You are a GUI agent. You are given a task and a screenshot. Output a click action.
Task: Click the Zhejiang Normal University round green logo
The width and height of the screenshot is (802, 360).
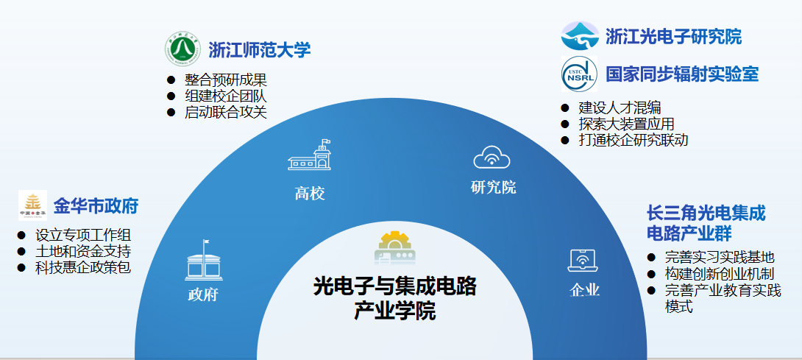[x=182, y=49]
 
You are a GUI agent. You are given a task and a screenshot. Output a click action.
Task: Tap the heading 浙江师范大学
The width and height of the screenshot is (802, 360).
[x=260, y=50]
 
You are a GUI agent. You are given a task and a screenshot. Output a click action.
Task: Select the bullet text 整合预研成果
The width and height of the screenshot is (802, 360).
[x=226, y=80]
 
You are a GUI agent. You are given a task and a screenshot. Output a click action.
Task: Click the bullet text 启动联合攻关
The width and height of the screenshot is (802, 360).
[x=226, y=112]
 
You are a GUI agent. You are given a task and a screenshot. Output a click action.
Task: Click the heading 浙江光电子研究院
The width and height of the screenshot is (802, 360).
[x=674, y=36]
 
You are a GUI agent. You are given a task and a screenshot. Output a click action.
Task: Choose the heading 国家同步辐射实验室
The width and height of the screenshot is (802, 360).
[x=682, y=74]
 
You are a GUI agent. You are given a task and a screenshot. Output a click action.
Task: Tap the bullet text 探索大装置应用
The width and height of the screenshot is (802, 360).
[x=627, y=124]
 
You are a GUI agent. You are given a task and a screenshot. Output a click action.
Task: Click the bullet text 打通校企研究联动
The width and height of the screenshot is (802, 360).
[x=634, y=140]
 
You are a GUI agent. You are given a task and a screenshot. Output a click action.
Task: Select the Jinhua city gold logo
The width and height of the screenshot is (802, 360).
[x=32, y=205]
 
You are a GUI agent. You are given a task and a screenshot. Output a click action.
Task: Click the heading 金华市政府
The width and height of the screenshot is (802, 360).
[x=96, y=206]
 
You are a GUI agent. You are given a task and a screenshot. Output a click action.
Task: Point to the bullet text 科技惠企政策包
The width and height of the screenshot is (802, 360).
[x=83, y=267]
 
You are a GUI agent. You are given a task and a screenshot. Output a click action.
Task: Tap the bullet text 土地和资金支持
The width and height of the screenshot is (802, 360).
[x=83, y=251]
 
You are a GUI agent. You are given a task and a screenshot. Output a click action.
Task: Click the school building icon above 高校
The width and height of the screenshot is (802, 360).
[x=310, y=155]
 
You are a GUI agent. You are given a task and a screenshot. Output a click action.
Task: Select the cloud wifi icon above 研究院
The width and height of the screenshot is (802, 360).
[x=492, y=158]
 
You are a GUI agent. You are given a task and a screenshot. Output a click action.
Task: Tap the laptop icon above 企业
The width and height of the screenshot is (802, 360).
[x=583, y=261]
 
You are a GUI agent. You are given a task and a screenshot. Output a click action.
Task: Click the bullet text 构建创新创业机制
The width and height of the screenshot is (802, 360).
[x=720, y=273]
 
